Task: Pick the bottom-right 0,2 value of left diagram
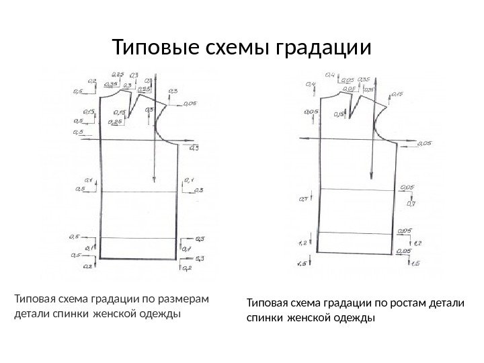click(188, 268)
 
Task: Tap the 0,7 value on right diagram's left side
click(302, 199)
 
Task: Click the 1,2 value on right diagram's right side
click(417, 243)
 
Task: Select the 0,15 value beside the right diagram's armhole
click(397, 95)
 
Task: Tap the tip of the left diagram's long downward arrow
click(155, 182)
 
